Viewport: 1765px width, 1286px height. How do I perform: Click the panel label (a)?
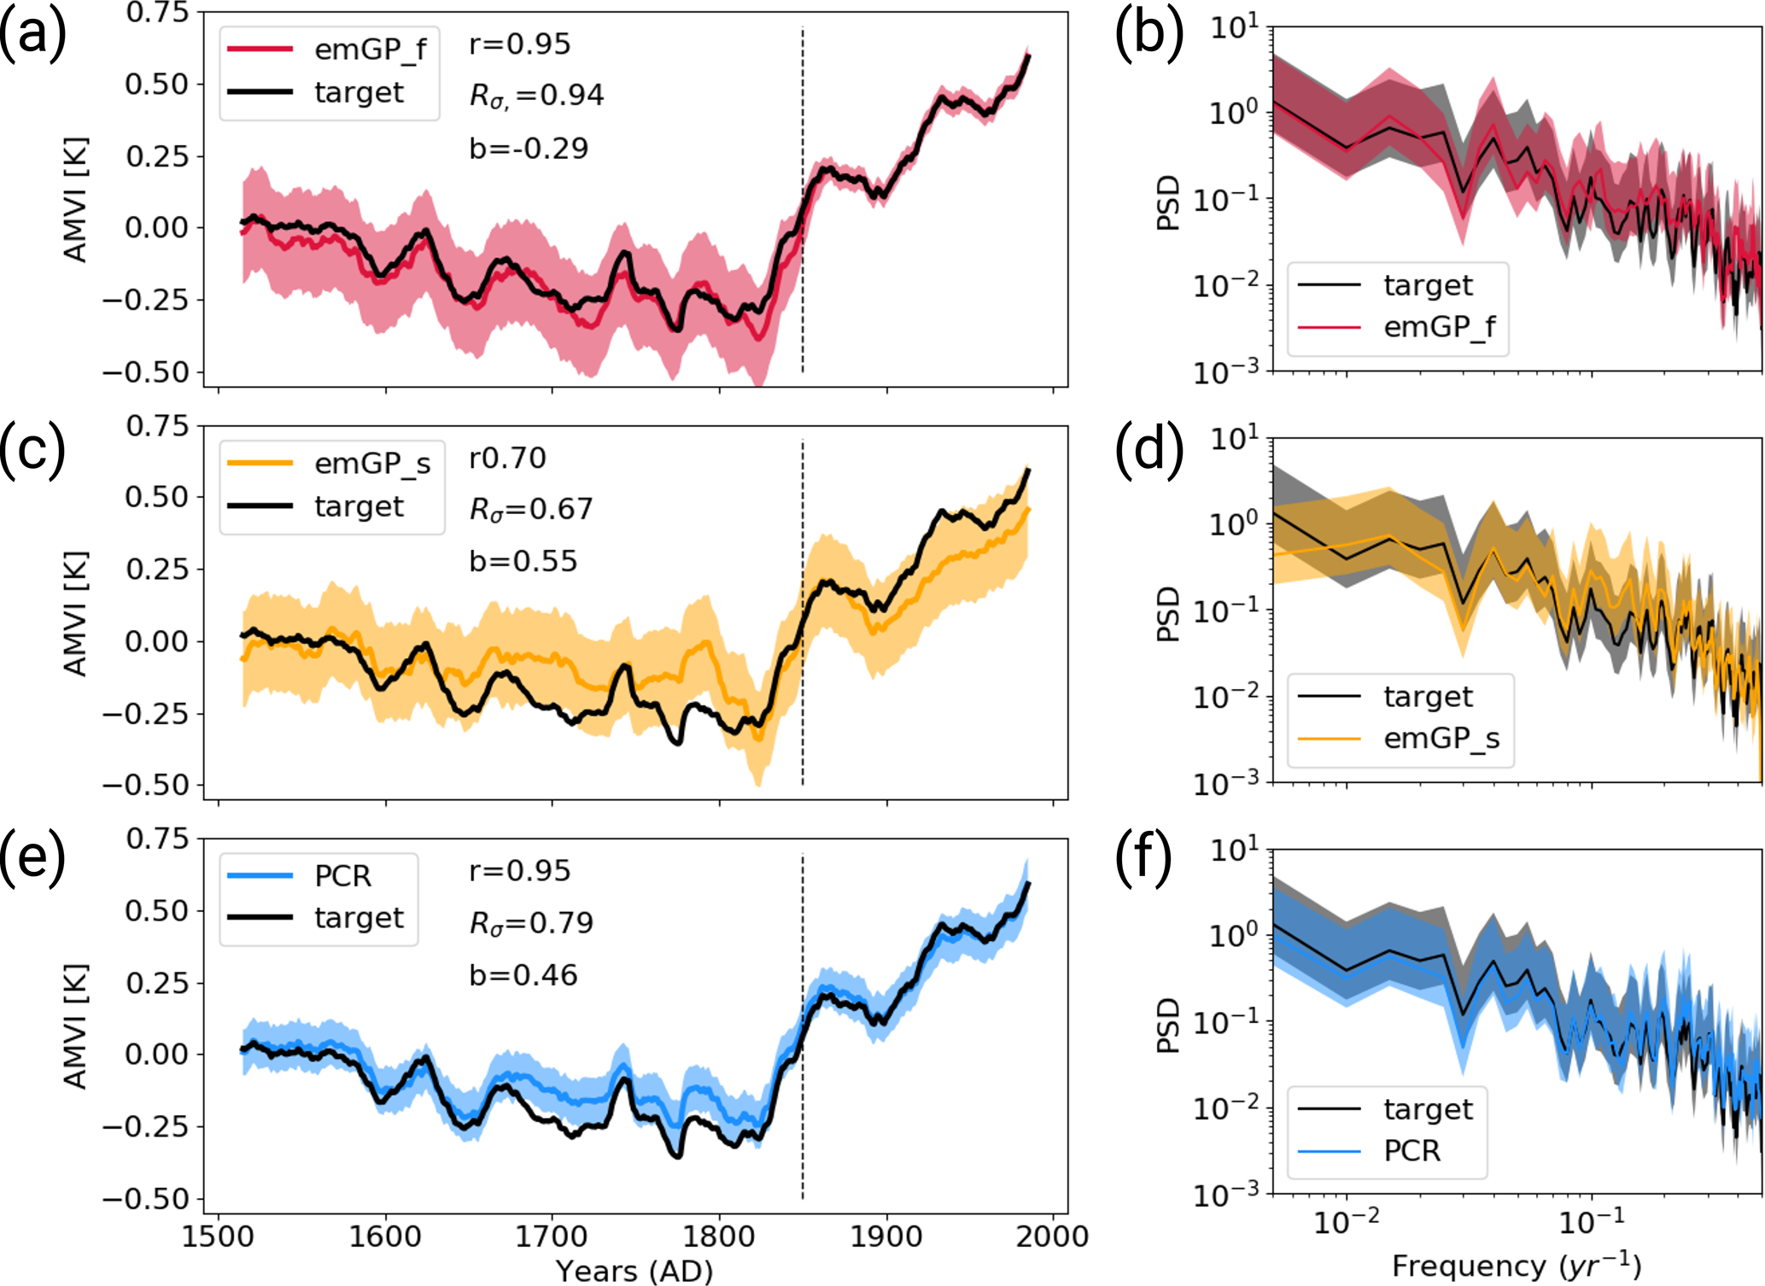click(x=32, y=36)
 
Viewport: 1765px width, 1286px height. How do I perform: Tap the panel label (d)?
click(x=1148, y=449)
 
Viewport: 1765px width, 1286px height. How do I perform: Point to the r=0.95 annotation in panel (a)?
click(x=519, y=44)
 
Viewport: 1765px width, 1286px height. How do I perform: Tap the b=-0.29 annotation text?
click(x=529, y=149)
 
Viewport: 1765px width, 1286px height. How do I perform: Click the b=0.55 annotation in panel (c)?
click(x=523, y=561)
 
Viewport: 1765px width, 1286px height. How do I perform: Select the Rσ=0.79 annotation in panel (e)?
click(x=531, y=923)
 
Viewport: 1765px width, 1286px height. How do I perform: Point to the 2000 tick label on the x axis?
click(x=1052, y=1236)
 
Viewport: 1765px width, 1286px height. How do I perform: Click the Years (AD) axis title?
click(x=634, y=1271)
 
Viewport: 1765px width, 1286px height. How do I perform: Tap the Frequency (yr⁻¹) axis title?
click(x=1517, y=1266)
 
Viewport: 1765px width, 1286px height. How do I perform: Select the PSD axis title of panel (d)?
click(x=1167, y=613)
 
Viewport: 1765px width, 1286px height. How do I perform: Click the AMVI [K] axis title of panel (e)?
click(x=76, y=1026)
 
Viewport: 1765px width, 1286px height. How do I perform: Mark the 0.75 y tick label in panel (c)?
click(x=157, y=425)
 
